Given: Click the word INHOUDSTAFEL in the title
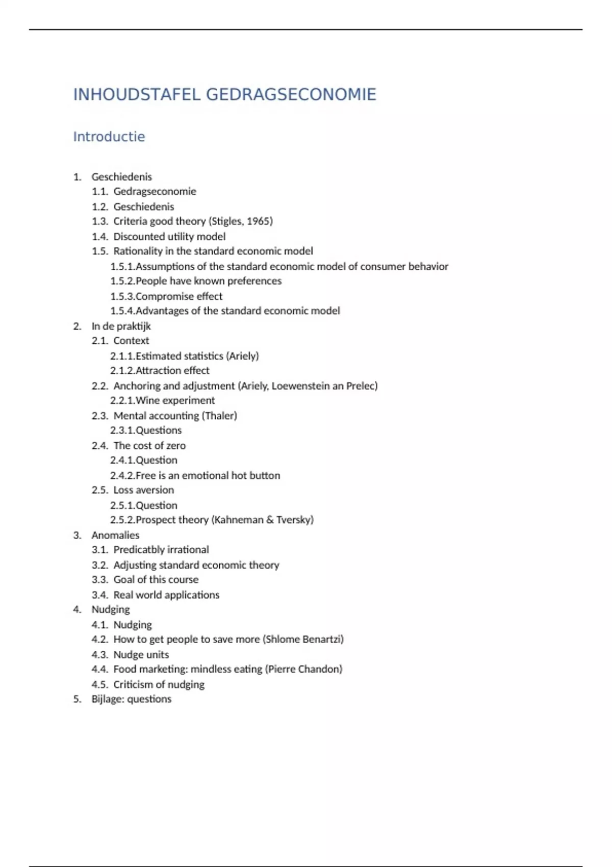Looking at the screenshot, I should pyautogui.click(x=137, y=94).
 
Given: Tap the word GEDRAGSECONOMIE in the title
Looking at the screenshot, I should pyautogui.click(x=291, y=94).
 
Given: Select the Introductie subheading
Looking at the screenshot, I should pyautogui.click(x=109, y=137).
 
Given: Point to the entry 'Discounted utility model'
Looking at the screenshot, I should pyautogui.click(x=169, y=237).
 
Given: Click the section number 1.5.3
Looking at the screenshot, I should pyautogui.click(x=122, y=296).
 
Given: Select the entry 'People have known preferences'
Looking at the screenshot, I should pyautogui.click(x=208, y=281).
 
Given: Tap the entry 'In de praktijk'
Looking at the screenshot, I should pyautogui.click(x=121, y=326).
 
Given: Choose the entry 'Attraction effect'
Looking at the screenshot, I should pyautogui.click(x=172, y=371).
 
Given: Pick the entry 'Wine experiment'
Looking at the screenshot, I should pyautogui.click(x=175, y=401).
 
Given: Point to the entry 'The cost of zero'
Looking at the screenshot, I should pyautogui.click(x=149, y=446).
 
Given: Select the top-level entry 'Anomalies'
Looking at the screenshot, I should pyautogui.click(x=115, y=535).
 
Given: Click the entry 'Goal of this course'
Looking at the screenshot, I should pyautogui.click(x=156, y=580).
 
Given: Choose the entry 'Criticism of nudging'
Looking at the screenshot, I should pyautogui.click(x=159, y=684).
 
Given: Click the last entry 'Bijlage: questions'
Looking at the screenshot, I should pyautogui.click(x=131, y=699).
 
